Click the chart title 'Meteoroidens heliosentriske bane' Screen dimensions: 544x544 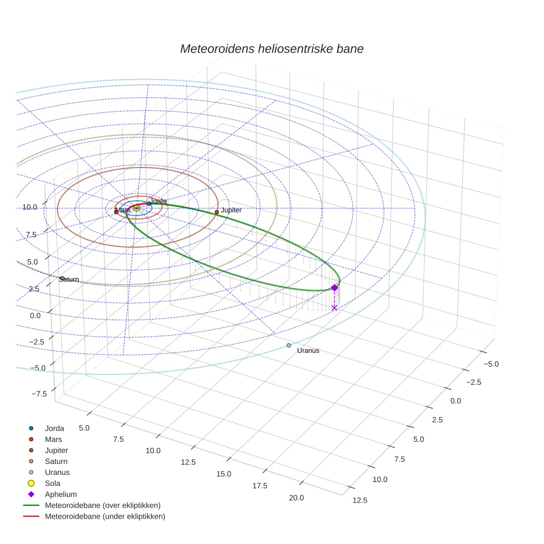271,49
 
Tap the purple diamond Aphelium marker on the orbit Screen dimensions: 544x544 334,287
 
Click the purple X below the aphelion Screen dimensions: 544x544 334,307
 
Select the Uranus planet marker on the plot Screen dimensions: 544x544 289,346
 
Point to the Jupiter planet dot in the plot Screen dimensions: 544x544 217,212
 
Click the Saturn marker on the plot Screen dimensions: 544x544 62,279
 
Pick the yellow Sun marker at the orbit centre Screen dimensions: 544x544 137,208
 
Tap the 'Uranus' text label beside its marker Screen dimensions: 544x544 308,351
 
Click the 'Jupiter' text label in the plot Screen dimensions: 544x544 231,210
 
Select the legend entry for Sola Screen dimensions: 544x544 53,483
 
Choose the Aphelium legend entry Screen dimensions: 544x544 60,494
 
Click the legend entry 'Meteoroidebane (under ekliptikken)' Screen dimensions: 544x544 104,516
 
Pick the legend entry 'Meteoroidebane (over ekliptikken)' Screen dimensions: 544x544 102,505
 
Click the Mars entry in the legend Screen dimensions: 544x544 53,439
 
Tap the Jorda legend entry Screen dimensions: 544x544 54,428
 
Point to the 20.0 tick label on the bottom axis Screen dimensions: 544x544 296,498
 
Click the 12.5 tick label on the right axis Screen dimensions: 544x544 359,500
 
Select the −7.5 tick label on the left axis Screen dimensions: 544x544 39,394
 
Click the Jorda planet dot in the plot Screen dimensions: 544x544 149,203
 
